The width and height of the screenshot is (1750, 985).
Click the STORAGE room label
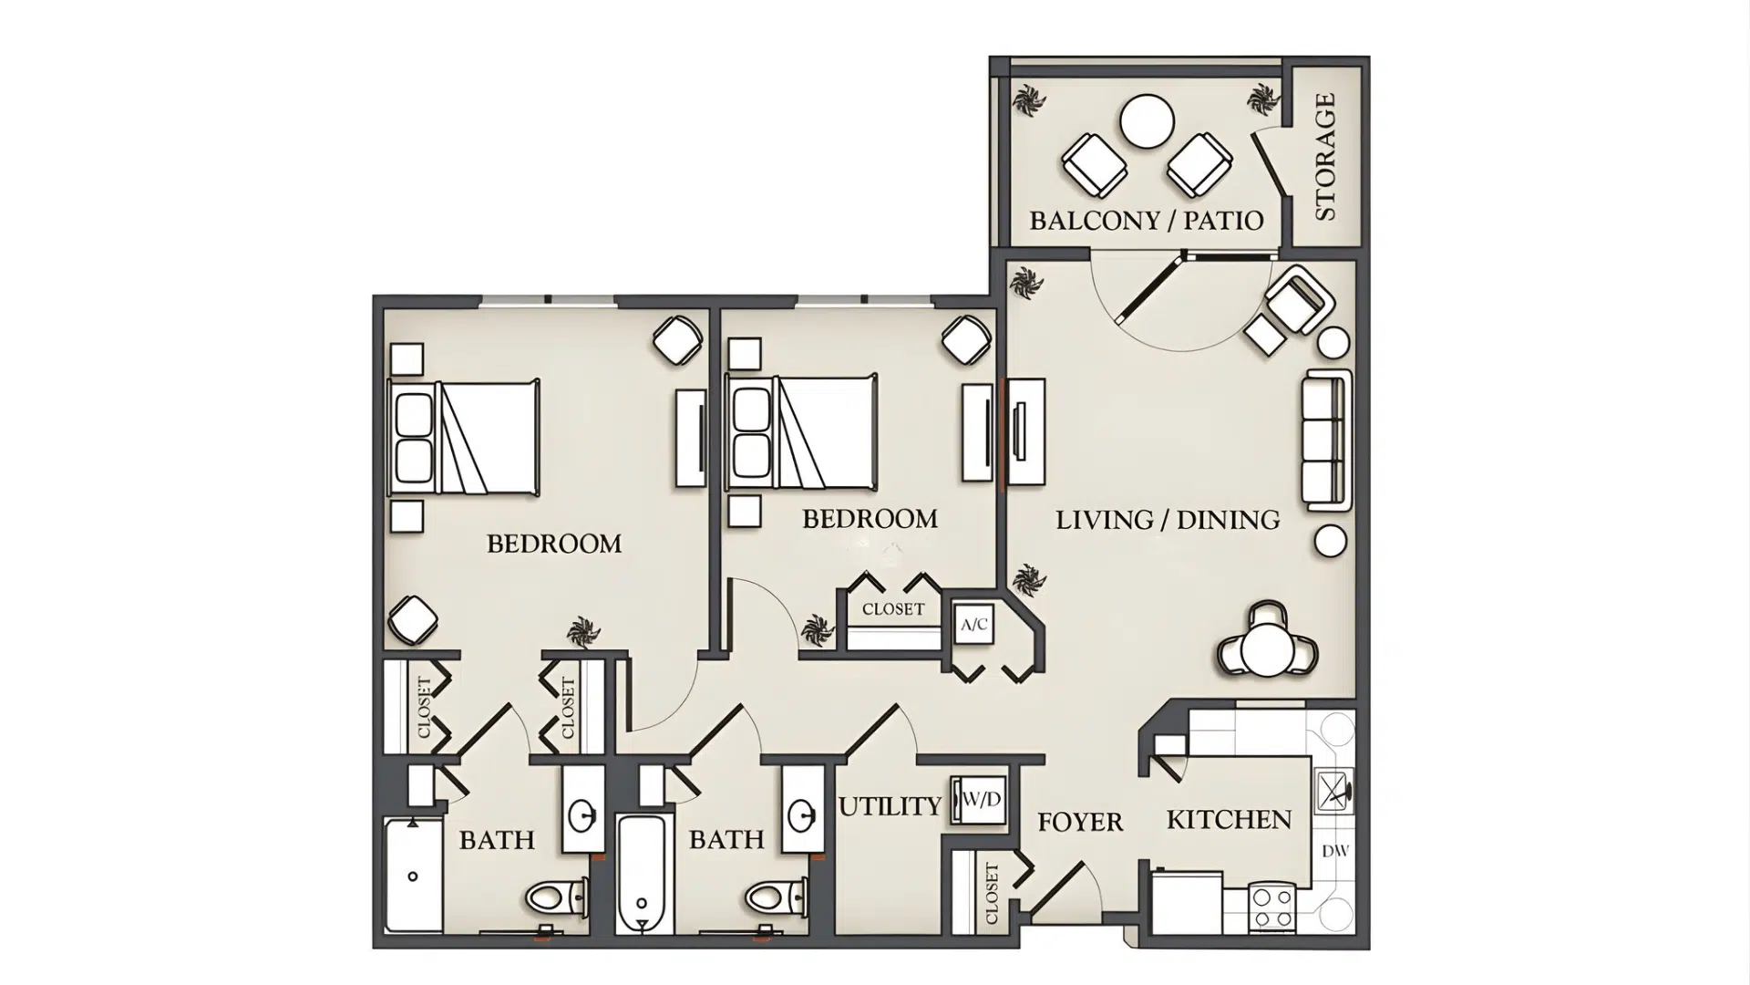coord(1325,156)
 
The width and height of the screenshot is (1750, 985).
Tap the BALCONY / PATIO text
coord(1146,220)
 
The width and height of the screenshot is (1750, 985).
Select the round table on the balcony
coord(1147,122)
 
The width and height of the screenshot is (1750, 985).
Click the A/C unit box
coord(973,625)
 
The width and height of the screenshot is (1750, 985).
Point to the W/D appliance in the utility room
coord(980,800)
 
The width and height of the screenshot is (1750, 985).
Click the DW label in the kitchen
coord(1334,851)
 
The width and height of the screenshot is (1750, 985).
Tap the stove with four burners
coord(1272,907)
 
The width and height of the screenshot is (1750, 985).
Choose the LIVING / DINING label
coord(1168,520)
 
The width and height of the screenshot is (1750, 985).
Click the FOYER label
coord(1080,822)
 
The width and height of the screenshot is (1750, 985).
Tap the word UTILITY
coord(890,806)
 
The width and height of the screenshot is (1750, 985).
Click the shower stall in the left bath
coord(412,876)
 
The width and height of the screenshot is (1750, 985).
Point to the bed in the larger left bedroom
coord(465,439)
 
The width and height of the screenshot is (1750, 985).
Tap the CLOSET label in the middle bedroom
coord(893,609)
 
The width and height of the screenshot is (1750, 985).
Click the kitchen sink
coord(1333,790)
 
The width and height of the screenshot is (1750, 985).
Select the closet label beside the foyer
coord(992,893)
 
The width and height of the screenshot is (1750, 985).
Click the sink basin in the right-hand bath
coord(802,815)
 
